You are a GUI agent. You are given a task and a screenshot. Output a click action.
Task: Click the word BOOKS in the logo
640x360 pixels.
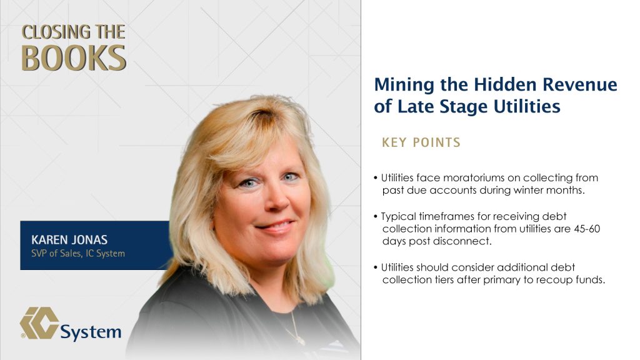pos(74,57)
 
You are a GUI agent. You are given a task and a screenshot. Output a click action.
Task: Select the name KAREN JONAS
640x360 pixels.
pos(69,239)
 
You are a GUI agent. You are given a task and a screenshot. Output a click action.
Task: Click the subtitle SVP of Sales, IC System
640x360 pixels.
pos(78,254)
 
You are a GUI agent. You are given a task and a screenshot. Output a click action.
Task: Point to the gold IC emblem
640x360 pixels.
pos(39,323)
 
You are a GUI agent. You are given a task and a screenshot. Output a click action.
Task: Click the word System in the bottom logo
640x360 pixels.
pos(91,332)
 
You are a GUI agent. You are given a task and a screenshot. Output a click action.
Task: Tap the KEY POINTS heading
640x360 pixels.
pos(421,142)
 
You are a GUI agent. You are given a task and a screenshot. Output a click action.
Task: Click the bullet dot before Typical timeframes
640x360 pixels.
pos(376,217)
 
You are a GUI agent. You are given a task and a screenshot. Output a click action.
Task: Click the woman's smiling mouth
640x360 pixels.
pos(276,225)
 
